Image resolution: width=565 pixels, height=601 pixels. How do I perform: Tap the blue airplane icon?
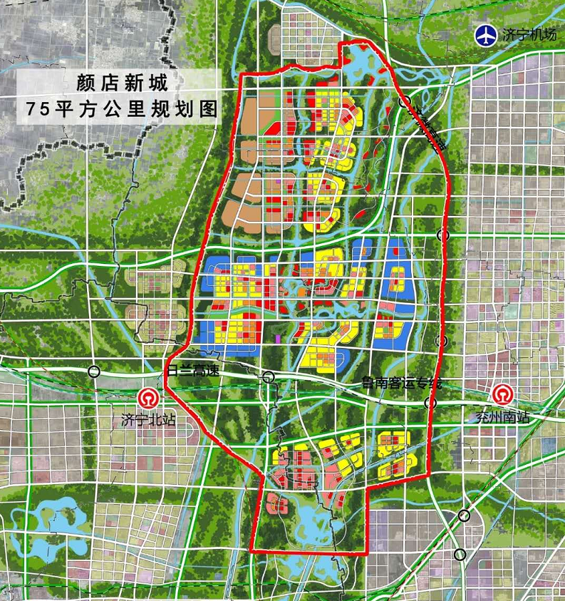[x=486, y=34]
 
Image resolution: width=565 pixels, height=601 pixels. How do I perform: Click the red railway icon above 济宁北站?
[x=149, y=398]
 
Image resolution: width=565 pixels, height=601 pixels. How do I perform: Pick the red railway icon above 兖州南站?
[x=502, y=396]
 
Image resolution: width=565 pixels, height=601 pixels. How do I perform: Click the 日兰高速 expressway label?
[x=194, y=371]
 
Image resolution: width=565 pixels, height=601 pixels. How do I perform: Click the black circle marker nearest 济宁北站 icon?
[x=94, y=371]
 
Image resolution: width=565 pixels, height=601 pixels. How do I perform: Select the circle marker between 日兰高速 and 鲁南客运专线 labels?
[x=268, y=377]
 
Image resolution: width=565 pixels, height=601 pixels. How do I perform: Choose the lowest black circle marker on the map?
[x=460, y=553]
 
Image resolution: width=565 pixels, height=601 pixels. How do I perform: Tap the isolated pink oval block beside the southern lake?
[x=276, y=505]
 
